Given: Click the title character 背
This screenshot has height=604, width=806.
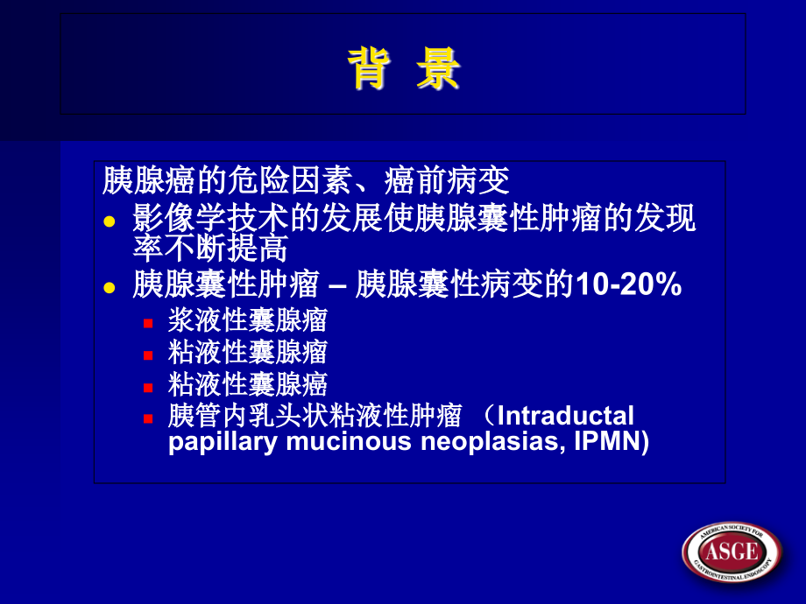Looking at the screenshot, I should pyautogui.click(x=368, y=69).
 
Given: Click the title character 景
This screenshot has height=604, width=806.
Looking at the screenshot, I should pyautogui.click(x=438, y=69).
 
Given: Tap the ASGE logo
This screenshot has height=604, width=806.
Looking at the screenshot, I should pyautogui.click(x=732, y=551).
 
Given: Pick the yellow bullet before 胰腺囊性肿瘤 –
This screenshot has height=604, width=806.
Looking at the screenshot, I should pyautogui.click(x=110, y=287).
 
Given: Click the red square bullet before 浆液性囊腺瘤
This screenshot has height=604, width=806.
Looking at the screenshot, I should pyautogui.click(x=149, y=323).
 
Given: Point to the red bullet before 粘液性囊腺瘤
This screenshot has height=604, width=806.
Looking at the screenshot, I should pyautogui.click(x=149, y=355).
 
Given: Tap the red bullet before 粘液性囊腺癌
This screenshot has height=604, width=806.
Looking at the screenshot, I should pyautogui.click(x=149, y=386).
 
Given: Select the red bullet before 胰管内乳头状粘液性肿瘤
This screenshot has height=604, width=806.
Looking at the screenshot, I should pyautogui.click(x=149, y=418).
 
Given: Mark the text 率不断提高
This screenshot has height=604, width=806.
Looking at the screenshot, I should pyautogui.click(x=210, y=250).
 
